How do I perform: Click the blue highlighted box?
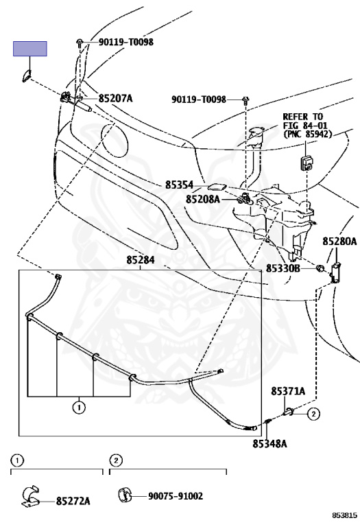[x=30, y=49]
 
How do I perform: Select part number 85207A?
[x=115, y=99]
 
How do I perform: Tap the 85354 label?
[x=180, y=185]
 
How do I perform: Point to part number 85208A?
[x=203, y=199]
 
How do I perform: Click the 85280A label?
[x=339, y=241]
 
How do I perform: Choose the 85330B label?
[x=283, y=268]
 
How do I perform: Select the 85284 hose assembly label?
[x=141, y=260]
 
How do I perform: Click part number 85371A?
[x=288, y=391]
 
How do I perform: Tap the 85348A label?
[x=269, y=444]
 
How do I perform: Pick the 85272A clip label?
[x=73, y=501]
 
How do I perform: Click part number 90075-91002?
[x=176, y=496]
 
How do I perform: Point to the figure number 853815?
[x=344, y=515]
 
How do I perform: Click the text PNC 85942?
[x=308, y=134]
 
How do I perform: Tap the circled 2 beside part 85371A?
[x=313, y=414]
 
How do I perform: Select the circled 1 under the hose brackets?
[x=79, y=408]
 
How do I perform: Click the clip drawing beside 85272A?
[x=30, y=496]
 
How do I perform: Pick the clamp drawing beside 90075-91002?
[x=124, y=495]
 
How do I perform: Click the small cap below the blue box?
[x=26, y=77]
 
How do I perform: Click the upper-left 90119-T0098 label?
[x=126, y=42]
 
